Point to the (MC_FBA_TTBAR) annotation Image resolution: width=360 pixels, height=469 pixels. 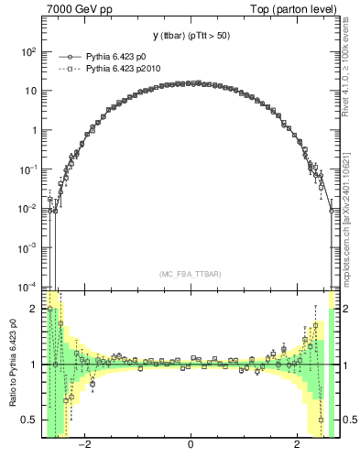(x=191, y=275)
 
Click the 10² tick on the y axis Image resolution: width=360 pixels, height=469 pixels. (x=28, y=52)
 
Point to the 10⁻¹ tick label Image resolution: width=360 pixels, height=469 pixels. (x=28, y=169)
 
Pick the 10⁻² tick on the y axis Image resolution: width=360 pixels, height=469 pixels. (x=28, y=208)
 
